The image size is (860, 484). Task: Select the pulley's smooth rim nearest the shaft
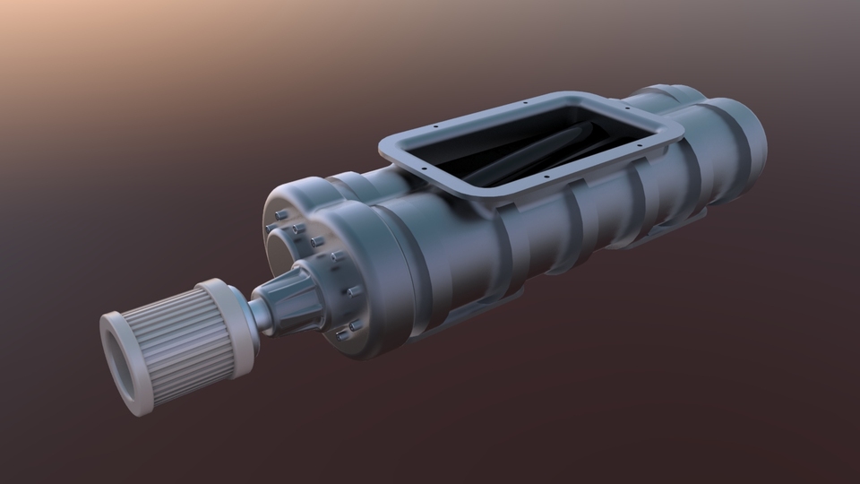click(230, 318)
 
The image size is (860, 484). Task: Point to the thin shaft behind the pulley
click(259, 313)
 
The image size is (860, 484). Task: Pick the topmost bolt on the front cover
click(280, 214)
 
